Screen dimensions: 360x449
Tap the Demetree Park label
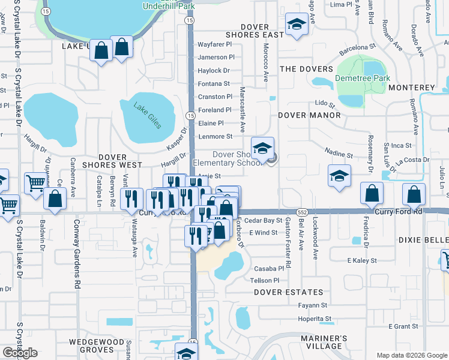click(x=363, y=78)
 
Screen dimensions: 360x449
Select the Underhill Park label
click(x=169, y=6)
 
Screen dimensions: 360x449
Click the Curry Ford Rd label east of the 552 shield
click(x=398, y=212)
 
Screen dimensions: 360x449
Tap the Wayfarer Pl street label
click(x=215, y=44)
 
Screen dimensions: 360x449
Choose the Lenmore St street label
click(x=215, y=136)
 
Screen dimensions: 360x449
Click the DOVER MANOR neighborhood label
click(x=309, y=115)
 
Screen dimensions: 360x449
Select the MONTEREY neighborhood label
click(x=411, y=88)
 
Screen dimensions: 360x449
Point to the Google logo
click(x=20, y=352)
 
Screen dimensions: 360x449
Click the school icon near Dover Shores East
click(x=296, y=25)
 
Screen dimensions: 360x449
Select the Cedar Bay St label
click(x=263, y=220)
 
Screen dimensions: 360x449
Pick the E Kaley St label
click(x=362, y=260)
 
